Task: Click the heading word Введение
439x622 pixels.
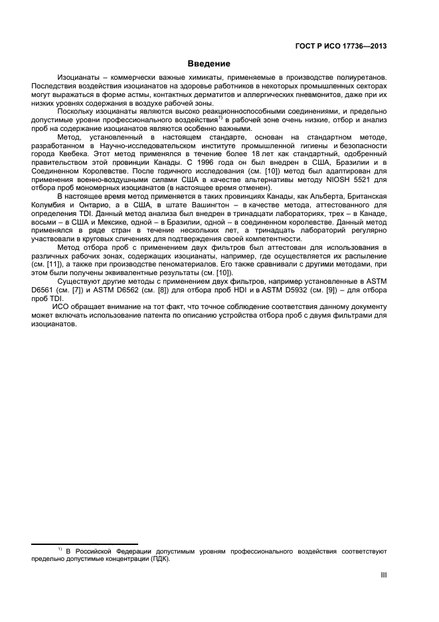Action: [x=208, y=64]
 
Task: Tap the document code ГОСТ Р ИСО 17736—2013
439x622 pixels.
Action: [x=341, y=46]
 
